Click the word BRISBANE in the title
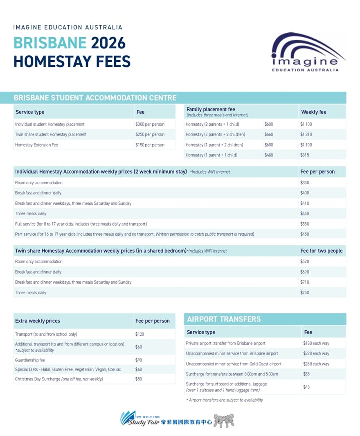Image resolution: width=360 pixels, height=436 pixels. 50,43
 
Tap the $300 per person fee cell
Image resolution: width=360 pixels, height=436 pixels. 150,124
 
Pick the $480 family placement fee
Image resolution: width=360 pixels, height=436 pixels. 269,155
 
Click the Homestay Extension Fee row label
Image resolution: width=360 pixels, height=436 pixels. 36,145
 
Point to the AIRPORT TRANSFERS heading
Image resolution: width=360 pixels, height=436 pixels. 223,319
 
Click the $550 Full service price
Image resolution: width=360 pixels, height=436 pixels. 305,224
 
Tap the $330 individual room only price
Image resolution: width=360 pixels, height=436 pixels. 305,183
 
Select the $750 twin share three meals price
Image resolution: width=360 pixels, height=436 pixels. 305,293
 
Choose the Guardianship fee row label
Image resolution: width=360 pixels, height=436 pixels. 30,360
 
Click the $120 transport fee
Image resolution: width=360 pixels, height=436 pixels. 139,334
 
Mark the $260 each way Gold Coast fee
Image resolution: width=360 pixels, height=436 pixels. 316,364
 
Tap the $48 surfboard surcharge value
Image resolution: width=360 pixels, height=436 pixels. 306,387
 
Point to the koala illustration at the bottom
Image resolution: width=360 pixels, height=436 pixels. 224,420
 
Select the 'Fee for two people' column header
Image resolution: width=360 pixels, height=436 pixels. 321,251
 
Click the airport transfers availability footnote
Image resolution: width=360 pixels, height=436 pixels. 224,400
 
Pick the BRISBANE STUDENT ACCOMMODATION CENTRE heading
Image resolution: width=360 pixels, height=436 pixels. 95,98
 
